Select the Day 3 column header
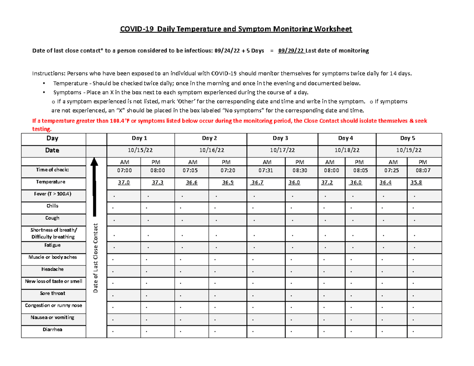[280, 139]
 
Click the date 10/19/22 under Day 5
[410, 150]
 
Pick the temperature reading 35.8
[416, 182]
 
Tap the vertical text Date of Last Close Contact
[96, 258]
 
